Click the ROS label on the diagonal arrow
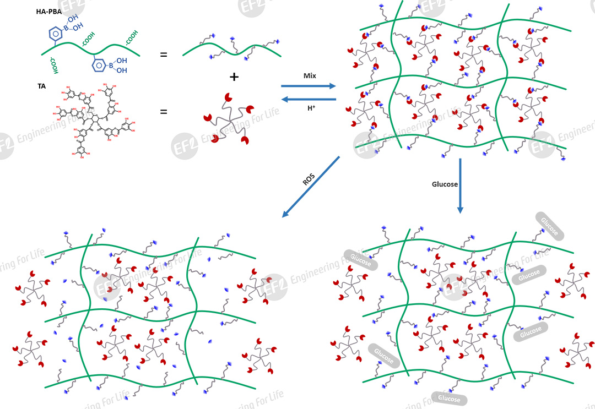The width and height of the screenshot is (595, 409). pyautogui.click(x=309, y=177)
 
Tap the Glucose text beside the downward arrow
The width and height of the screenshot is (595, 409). pyautogui.click(x=445, y=185)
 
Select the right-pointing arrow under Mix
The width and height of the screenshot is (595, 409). pyautogui.click(x=308, y=86)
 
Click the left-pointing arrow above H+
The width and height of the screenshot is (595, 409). pyautogui.click(x=308, y=100)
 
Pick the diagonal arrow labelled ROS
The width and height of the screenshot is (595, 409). pyautogui.click(x=310, y=186)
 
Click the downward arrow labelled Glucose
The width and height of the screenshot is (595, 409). pyautogui.click(x=461, y=186)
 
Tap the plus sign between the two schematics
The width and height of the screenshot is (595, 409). pyautogui.click(x=234, y=77)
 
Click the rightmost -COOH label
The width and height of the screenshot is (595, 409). pyautogui.click(x=131, y=36)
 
